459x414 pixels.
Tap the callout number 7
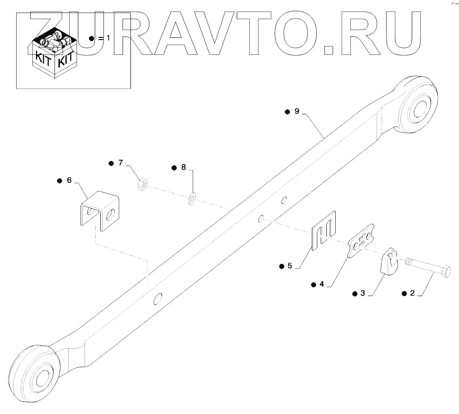[x=120, y=163]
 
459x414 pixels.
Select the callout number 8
[x=184, y=167]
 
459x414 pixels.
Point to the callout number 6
[x=69, y=180]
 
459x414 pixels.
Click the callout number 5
[x=290, y=265]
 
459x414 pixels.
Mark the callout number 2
[x=412, y=293]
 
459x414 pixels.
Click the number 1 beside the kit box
[x=107, y=39]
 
